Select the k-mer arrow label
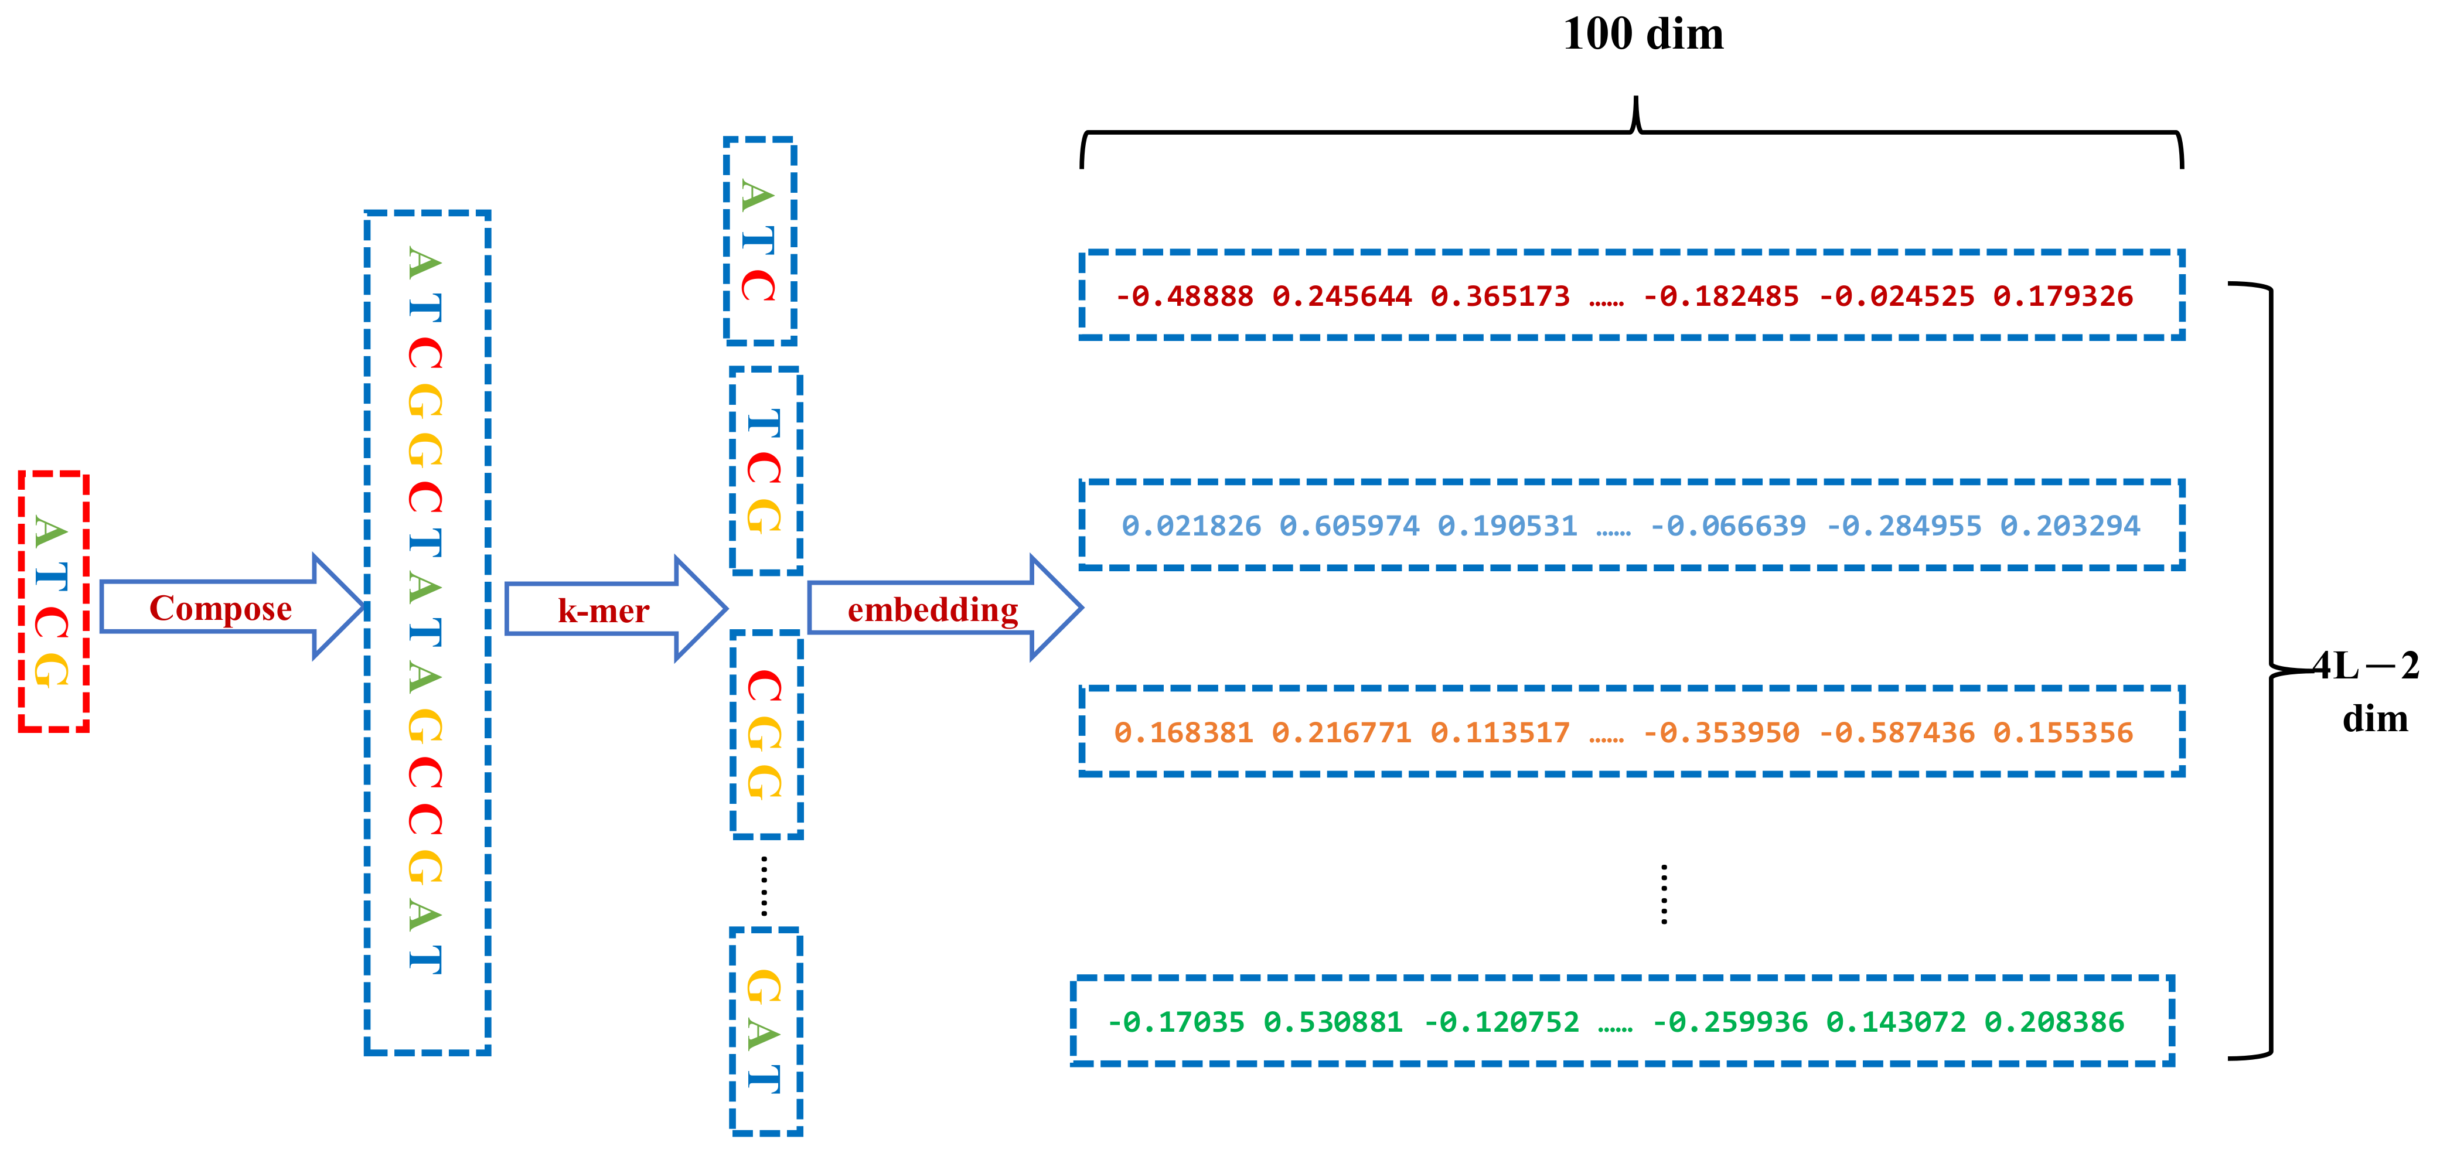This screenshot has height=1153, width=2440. click(x=604, y=611)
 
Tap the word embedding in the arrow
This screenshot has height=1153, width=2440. click(x=932, y=610)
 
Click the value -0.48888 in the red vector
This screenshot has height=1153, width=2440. click(x=1184, y=296)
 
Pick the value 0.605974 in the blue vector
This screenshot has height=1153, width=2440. click(x=1349, y=526)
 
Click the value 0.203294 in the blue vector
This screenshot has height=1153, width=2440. click(x=2070, y=526)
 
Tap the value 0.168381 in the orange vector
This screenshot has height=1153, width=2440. click(x=1183, y=732)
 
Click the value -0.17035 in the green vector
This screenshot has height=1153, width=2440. click(x=1175, y=1022)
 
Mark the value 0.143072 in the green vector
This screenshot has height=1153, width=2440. click(x=1896, y=1022)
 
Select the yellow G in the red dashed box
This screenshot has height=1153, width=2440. click(x=51, y=669)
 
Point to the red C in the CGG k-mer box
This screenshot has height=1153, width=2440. click(x=764, y=686)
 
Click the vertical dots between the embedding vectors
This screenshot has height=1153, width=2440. click(x=1664, y=893)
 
